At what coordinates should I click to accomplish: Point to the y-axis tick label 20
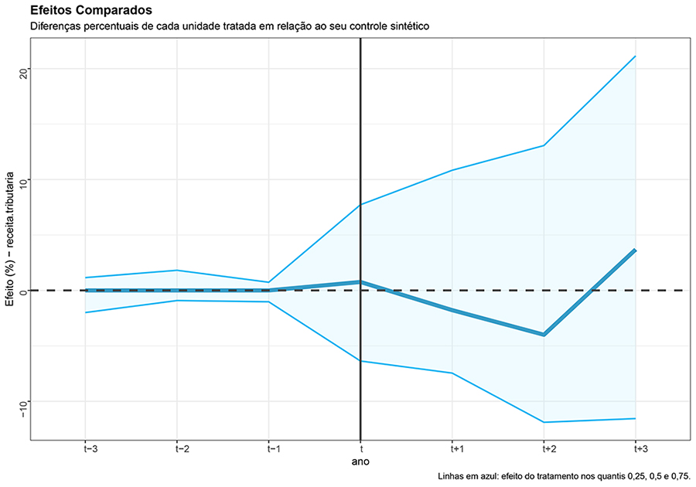click(x=22, y=70)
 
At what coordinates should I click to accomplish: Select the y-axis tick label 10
click(x=22, y=180)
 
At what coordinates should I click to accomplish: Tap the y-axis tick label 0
click(x=22, y=291)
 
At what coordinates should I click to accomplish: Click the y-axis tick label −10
click(x=22, y=407)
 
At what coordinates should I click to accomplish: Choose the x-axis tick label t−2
click(x=177, y=448)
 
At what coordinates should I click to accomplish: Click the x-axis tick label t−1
click(x=268, y=448)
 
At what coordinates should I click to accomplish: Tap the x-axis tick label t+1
click(x=452, y=448)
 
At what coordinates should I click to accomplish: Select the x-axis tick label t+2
click(x=544, y=448)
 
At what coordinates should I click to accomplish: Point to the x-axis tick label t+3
click(x=636, y=448)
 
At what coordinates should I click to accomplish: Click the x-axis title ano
click(x=360, y=461)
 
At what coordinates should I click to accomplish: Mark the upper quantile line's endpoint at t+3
click(x=636, y=56)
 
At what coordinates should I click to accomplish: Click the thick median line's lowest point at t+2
click(x=544, y=335)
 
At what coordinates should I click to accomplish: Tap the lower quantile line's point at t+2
click(x=544, y=422)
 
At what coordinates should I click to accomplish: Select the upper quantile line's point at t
click(x=360, y=205)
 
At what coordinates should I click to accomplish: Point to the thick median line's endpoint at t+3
click(x=636, y=250)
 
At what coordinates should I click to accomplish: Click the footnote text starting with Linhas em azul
click(x=563, y=477)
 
